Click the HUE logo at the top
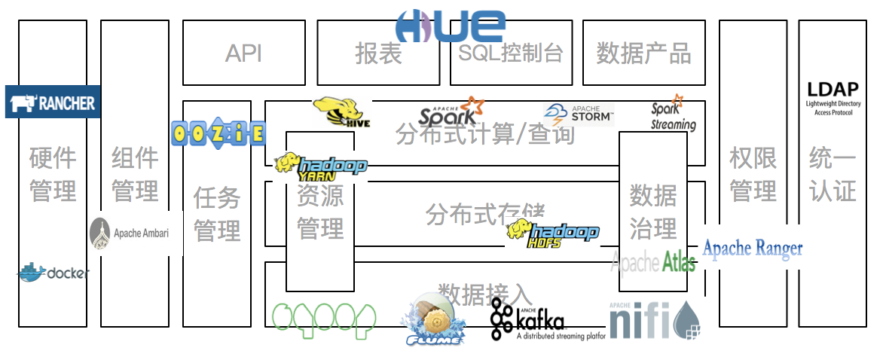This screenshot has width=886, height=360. pos(451,26)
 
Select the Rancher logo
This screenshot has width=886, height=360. pos(53,102)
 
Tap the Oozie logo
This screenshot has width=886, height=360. pos(218,133)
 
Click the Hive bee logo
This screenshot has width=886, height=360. pos(344,112)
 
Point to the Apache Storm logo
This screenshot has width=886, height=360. pos(579,115)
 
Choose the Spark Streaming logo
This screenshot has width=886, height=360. pos(673,113)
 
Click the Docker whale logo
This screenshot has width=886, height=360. pos(53,273)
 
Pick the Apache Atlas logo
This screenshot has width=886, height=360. pos(652,262)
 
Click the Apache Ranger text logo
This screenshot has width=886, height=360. pos(752,249)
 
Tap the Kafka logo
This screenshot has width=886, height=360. pos(536,320)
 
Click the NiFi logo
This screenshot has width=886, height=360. pos(655,321)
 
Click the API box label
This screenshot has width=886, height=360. pos(243,53)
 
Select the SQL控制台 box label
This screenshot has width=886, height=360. pos(510,53)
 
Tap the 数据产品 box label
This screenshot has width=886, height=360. pos(643,53)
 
